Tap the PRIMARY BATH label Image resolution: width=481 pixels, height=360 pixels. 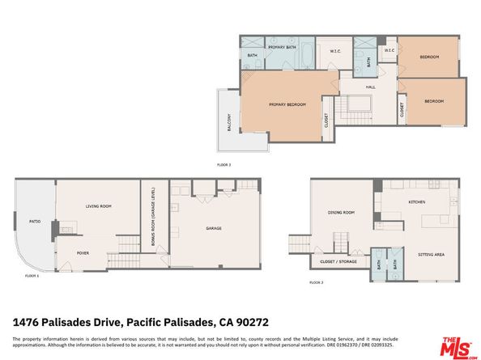(x=281, y=39)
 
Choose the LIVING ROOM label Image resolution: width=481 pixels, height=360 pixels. (x=99, y=207)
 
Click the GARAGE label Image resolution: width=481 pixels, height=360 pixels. (x=213, y=228)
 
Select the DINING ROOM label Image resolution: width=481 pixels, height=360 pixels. (x=341, y=213)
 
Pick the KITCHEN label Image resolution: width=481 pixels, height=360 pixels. (x=416, y=201)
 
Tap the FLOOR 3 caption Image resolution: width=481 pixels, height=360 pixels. (x=224, y=164)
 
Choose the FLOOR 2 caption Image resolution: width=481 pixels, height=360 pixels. (x=316, y=282)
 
